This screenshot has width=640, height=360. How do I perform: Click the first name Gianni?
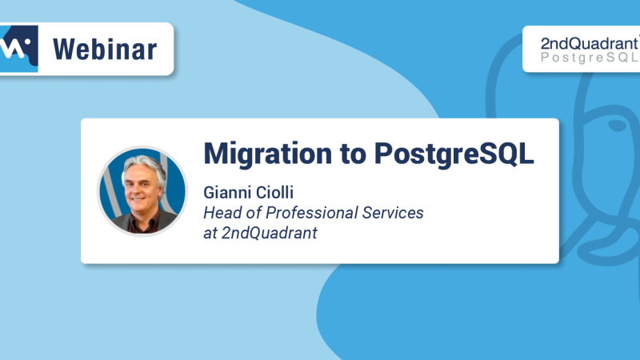[226, 194]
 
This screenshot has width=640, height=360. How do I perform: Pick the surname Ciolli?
[272, 194]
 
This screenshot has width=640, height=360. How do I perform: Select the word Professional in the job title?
[306, 214]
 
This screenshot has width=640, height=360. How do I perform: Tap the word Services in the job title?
[392, 214]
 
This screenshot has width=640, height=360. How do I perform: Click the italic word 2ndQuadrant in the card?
[264, 234]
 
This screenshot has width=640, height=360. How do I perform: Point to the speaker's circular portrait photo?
[142, 190]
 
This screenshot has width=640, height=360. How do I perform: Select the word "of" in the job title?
[250, 214]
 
